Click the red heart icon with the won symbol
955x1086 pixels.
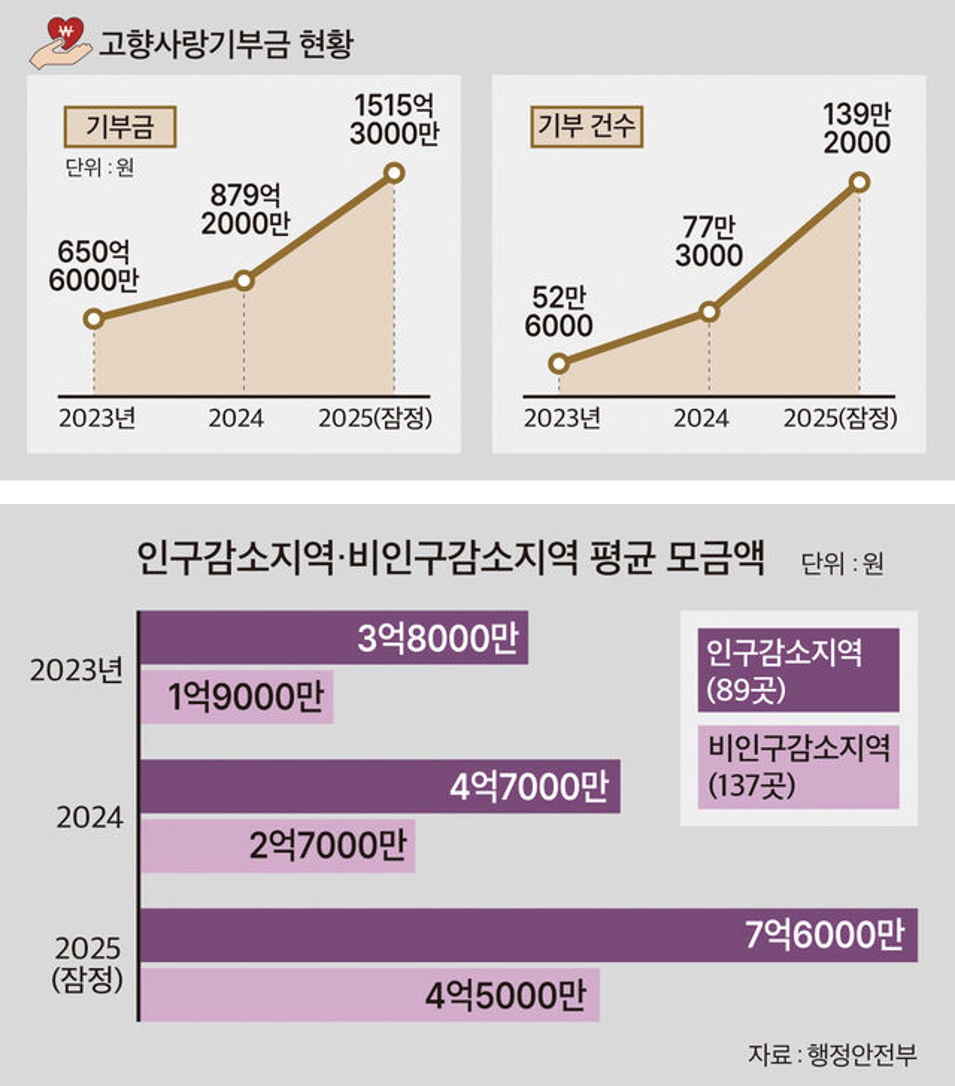click(x=66, y=33)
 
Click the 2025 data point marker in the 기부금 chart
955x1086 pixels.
click(x=394, y=173)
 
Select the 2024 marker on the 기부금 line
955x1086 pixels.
click(x=244, y=280)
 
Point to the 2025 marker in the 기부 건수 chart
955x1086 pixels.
click(x=859, y=182)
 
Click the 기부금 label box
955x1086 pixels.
click(x=120, y=127)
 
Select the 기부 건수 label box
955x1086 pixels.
click(x=587, y=127)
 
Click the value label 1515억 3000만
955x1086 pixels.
click(x=394, y=119)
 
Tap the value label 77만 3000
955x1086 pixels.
click(x=709, y=242)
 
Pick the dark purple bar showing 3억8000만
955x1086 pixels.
click(x=334, y=638)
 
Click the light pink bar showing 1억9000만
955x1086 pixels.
click(x=237, y=697)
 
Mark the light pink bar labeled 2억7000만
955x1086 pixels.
click(x=278, y=846)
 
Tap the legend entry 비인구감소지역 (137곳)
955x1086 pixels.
click(x=798, y=767)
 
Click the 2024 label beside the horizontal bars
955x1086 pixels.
click(x=90, y=818)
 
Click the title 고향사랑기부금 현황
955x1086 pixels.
click(x=226, y=44)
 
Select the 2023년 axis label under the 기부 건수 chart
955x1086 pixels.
click(x=562, y=418)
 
